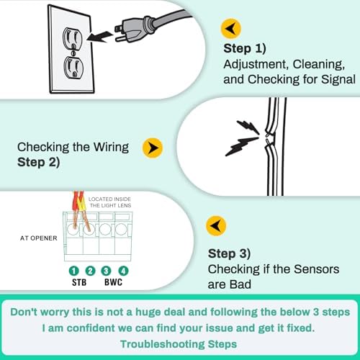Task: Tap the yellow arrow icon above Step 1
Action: coord(231,29)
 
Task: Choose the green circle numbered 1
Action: coord(75,271)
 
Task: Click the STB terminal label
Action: coord(82,284)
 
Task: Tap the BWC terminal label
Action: coord(114,284)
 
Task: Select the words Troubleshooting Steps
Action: coord(180,344)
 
